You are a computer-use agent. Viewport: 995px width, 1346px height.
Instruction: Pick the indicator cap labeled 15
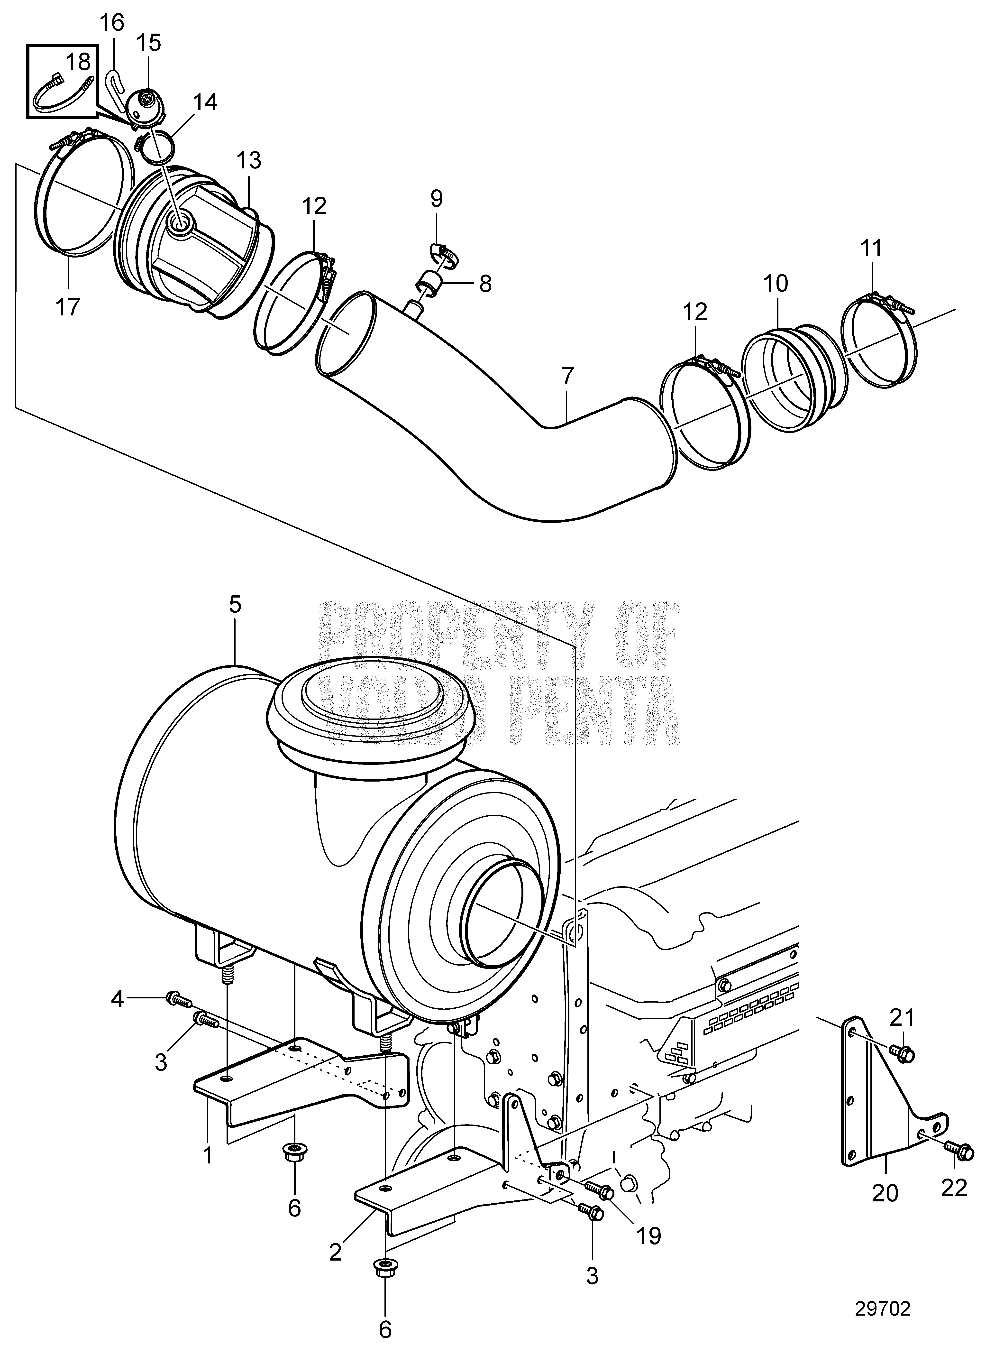[x=146, y=107]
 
